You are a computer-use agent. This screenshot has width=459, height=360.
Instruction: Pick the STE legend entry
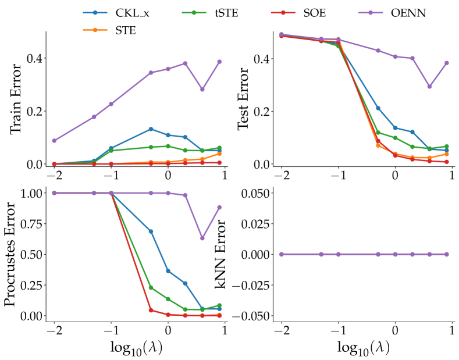(x=125, y=31)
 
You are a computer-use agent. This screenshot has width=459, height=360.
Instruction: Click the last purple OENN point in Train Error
(x=219, y=62)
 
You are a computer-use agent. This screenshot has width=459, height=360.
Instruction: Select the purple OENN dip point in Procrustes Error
(x=202, y=238)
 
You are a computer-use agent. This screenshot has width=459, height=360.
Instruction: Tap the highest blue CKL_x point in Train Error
(x=151, y=129)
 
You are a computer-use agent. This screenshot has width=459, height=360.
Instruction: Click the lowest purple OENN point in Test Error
(x=429, y=86)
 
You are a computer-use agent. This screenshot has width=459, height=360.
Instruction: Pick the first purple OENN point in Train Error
(x=54, y=140)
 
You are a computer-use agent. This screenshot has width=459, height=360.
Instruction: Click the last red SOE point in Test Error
(x=446, y=162)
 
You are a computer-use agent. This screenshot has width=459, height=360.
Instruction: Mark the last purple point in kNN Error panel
(x=446, y=254)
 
